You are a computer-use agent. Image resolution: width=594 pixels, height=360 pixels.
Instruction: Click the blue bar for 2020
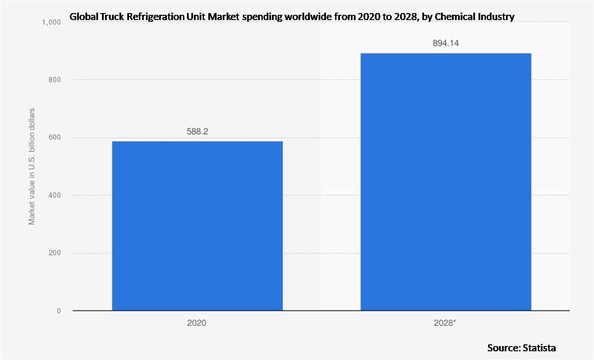click(x=197, y=226)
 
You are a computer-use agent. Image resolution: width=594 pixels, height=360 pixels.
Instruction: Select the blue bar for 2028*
click(x=445, y=182)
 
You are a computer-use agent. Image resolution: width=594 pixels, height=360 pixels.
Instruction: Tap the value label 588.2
click(x=197, y=131)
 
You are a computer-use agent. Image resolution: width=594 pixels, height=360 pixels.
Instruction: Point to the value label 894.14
click(x=446, y=43)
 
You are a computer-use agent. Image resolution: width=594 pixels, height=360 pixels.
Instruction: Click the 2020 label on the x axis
click(x=197, y=324)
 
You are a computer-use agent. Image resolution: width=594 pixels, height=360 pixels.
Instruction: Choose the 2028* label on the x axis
click(x=445, y=324)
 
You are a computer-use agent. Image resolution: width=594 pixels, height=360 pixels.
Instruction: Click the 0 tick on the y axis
click(x=58, y=311)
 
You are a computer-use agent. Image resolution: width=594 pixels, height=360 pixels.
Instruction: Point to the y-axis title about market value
click(x=32, y=166)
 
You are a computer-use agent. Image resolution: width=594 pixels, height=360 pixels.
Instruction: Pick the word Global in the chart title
click(x=83, y=17)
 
